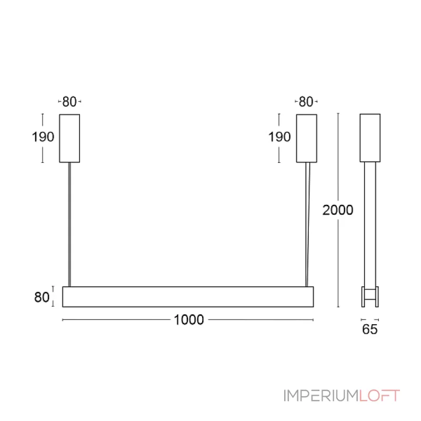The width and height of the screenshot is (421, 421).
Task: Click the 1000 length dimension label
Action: pos(189,320)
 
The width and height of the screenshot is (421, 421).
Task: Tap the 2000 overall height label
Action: pos(337,210)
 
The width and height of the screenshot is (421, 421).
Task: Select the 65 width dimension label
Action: pos(370,329)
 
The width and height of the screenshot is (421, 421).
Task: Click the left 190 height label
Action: pos(43,137)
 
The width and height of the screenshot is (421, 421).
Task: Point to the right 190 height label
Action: pos(279,137)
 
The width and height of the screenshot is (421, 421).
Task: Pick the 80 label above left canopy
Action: pos(69,102)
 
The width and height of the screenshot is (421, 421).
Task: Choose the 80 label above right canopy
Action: pos(306,102)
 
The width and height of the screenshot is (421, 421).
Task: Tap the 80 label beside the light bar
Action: pos(42,297)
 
